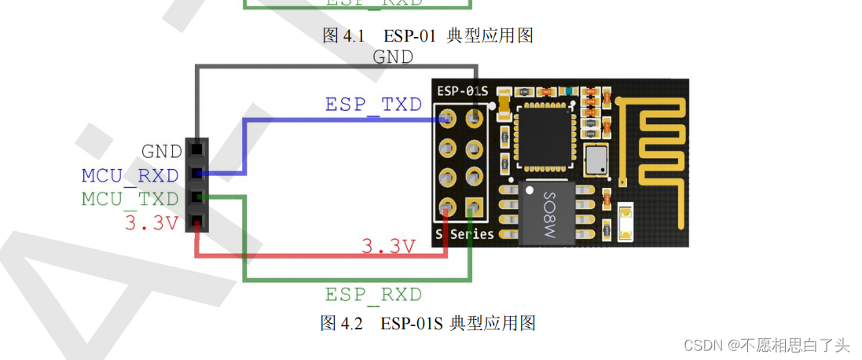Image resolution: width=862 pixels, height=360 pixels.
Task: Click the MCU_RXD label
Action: (x=130, y=175)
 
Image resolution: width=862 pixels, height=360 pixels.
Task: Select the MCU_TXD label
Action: (x=130, y=200)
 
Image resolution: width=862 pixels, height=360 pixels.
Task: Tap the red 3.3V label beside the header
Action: (x=152, y=223)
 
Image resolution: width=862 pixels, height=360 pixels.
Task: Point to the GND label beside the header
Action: (x=162, y=151)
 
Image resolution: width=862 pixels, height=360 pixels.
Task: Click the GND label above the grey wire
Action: (x=393, y=57)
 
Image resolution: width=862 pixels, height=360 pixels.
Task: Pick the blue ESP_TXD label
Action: (x=373, y=105)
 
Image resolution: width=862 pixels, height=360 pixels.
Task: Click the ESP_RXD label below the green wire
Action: (x=373, y=295)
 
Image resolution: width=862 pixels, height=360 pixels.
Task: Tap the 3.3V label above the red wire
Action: (x=388, y=247)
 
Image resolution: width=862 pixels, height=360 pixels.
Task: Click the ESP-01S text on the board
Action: (x=462, y=91)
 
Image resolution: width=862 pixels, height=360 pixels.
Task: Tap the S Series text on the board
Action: (x=465, y=234)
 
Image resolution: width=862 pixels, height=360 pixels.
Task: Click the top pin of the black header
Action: (x=196, y=149)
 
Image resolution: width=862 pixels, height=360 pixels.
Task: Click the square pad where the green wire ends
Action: (x=473, y=207)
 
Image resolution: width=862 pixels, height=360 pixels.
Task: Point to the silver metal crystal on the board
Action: (x=596, y=160)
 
